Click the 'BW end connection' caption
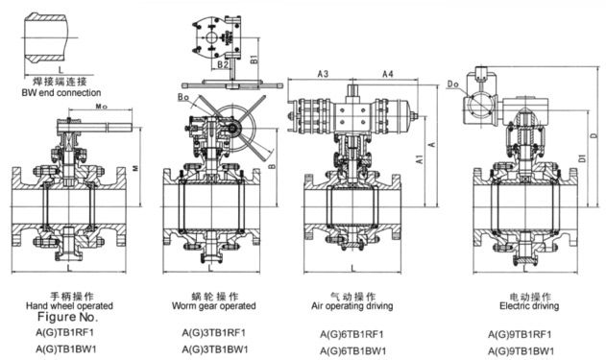tap(61, 93)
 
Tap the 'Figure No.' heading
tap(67, 317)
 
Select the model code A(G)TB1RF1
tap(65, 332)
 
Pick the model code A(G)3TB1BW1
tap(215, 349)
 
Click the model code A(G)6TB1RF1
tap(351, 334)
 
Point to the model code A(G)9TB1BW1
tap(521, 351)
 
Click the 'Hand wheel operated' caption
tap(69, 306)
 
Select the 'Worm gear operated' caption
tap(214, 306)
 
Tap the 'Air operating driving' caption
tap(352, 306)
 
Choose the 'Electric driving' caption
tap(529, 306)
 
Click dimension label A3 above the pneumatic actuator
tap(323, 74)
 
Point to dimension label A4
tap(388, 74)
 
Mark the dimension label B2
tap(223, 64)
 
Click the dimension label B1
tap(254, 60)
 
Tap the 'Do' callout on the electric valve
tap(453, 84)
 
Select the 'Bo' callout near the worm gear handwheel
tap(183, 97)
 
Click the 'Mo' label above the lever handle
tap(101, 107)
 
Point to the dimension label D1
tap(582, 157)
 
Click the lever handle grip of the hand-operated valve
tap(119, 127)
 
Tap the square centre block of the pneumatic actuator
tap(352, 116)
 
